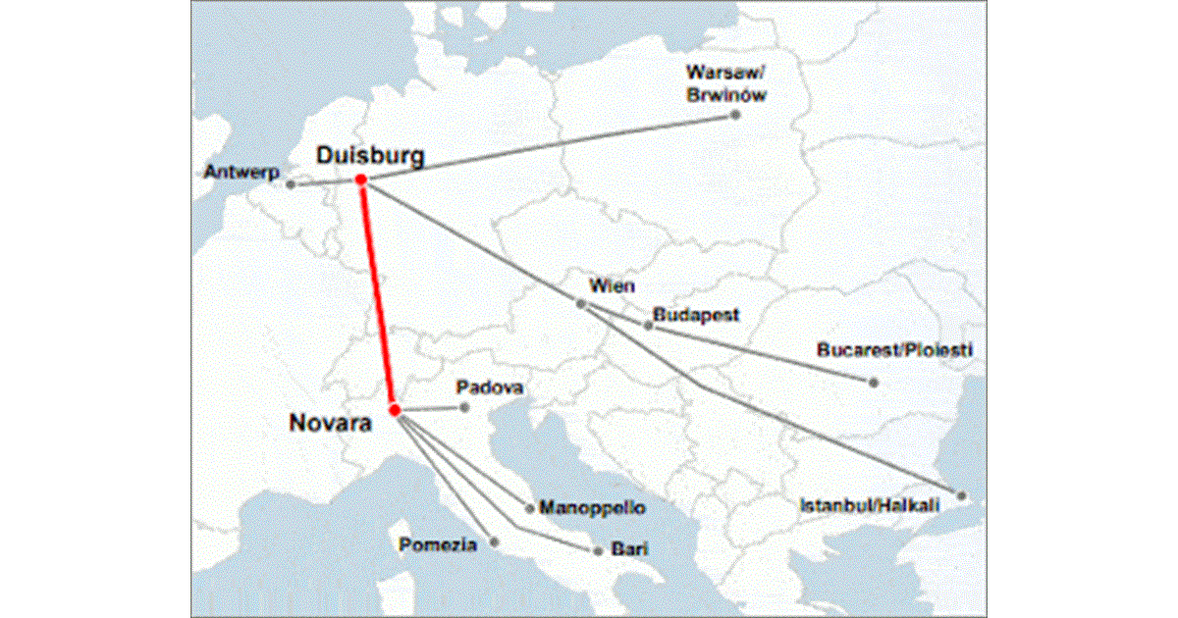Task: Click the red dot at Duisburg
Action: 361,180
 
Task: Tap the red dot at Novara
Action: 394,409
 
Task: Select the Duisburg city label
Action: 370,155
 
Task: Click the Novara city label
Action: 330,424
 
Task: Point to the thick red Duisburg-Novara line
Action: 377,294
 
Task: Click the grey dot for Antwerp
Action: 291,184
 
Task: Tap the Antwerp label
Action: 242,172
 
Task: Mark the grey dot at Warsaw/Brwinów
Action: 735,116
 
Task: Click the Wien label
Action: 612,286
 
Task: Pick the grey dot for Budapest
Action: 648,325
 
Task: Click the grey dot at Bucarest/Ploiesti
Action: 873,382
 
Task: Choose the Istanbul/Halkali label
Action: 870,505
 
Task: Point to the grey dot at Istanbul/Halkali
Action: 962,494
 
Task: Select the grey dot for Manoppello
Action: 530,508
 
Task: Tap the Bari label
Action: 628,550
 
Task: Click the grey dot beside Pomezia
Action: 494,541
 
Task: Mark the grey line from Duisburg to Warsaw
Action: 550,148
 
